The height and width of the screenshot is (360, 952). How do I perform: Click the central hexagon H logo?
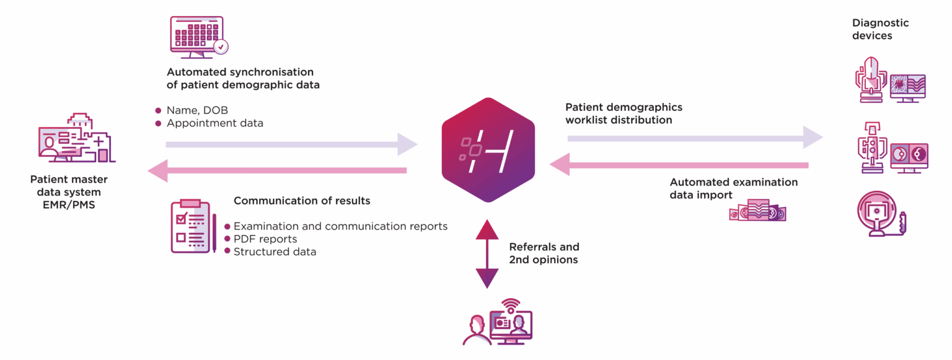488,150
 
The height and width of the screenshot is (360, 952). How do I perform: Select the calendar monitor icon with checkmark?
199,37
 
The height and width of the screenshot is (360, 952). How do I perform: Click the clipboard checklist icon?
193,226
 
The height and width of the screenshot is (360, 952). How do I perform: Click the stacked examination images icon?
758,211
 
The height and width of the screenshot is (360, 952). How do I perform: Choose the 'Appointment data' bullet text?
214,123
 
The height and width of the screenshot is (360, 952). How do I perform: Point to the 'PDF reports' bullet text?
265,239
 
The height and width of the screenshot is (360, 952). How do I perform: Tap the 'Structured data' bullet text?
275,252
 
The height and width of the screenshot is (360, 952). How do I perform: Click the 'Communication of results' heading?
302,201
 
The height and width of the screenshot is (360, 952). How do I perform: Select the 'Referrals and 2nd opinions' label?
544,253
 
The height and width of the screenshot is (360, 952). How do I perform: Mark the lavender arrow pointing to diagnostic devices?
695,138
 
